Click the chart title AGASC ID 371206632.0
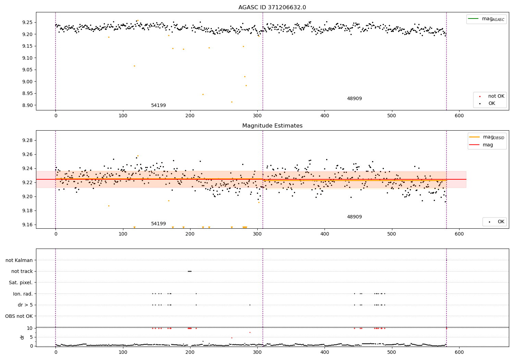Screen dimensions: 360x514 click(x=272, y=8)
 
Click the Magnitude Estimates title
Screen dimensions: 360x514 click(x=272, y=126)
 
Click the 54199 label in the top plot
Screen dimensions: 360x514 click(x=158, y=105)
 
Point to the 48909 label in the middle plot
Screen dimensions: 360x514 click(x=354, y=217)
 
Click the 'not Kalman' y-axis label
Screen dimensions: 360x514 click(x=19, y=260)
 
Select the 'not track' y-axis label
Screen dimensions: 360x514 click(x=22, y=271)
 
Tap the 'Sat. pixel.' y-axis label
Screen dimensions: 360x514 click(x=21, y=283)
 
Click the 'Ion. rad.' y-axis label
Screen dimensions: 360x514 click(x=23, y=294)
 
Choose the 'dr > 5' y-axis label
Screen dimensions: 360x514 click(x=25, y=305)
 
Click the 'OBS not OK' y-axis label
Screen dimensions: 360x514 click(x=19, y=316)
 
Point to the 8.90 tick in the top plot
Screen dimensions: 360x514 click(x=27, y=105)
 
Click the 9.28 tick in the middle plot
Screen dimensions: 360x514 click(x=27, y=140)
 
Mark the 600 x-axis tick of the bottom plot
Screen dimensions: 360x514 click(x=459, y=352)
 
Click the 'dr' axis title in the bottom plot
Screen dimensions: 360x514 click(x=22, y=337)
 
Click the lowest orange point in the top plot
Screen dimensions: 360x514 click(x=232, y=102)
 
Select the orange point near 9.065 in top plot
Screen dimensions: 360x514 click(x=134, y=66)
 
